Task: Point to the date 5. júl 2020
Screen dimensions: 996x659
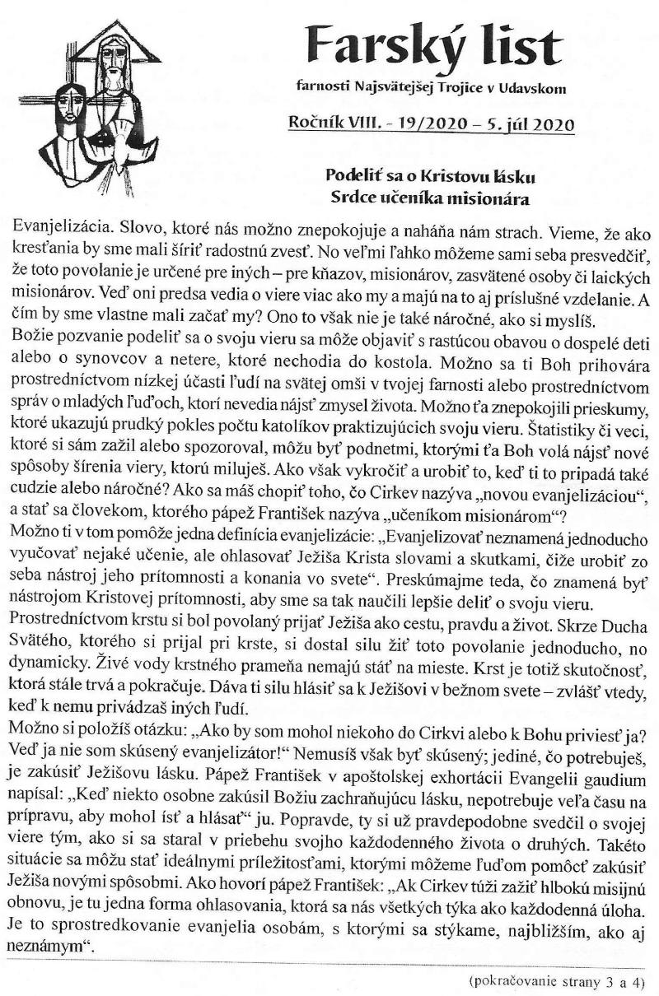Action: [x=527, y=125]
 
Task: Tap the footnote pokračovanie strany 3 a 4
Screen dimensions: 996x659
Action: [x=553, y=982]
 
